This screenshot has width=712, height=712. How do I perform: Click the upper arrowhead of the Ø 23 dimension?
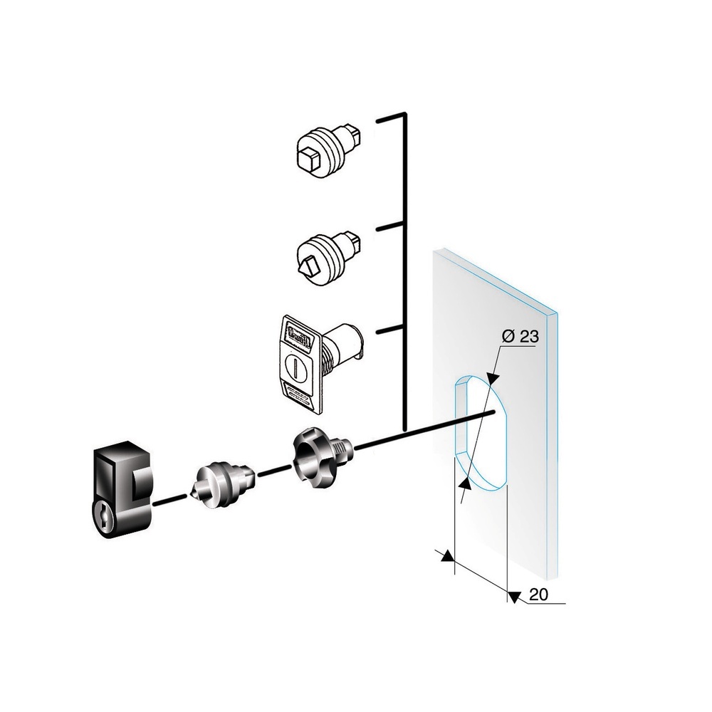tap(491, 380)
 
